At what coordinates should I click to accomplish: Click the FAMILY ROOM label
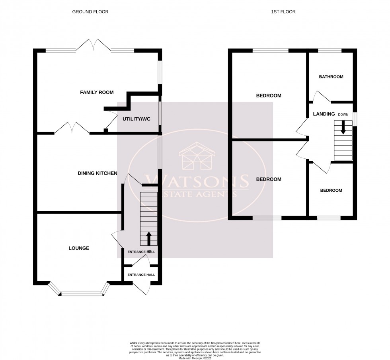click(97, 93)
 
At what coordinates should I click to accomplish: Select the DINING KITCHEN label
click(97, 173)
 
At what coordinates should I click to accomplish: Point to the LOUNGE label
click(78, 248)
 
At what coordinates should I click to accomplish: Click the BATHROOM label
click(331, 77)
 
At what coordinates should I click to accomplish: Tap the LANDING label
click(324, 114)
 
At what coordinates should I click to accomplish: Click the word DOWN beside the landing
click(343, 115)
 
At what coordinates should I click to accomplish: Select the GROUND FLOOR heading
click(90, 12)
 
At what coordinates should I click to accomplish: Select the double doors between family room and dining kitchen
click(72, 128)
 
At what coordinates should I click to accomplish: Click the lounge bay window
click(78, 294)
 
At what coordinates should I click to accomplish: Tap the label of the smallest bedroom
click(331, 191)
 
